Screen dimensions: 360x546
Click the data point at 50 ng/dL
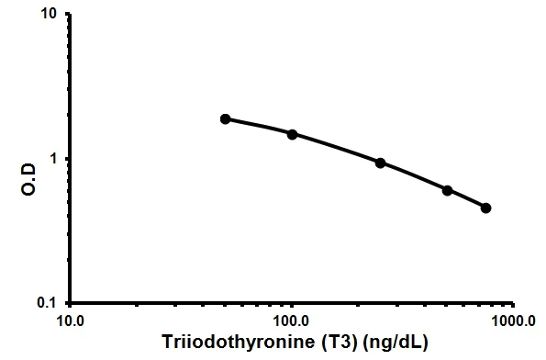click(x=225, y=118)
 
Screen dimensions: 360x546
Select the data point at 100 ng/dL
click(x=292, y=134)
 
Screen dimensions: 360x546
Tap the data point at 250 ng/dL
click(x=380, y=163)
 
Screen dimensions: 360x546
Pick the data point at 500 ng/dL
click(x=447, y=190)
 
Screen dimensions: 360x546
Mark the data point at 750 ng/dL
click(x=485, y=208)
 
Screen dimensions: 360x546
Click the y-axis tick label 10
click(x=51, y=16)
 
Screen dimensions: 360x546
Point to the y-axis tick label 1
click(x=56, y=159)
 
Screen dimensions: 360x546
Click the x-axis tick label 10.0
click(x=71, y=321)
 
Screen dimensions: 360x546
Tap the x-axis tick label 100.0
click(x=292, y=321)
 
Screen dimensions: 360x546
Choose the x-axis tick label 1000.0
click(x=513, y=321)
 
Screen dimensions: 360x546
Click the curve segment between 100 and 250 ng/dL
click(x=336, y=147)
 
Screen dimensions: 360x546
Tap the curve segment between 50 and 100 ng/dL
click(x=259, y=125)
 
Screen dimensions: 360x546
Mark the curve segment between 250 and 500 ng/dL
click(x=414, y=175)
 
